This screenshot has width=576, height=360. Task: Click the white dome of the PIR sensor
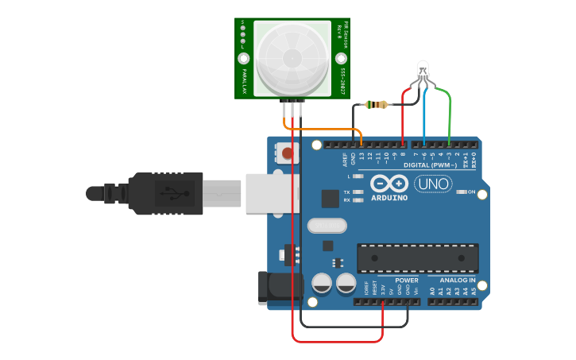click(x=292, y=58)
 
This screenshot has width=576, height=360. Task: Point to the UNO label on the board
click(x=432, y=184)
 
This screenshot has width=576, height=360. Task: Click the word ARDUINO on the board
click(x=389, y=197)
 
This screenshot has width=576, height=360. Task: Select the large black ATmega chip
click(x=417, y=257)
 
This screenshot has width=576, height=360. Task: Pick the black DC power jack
click(x=274, y=288)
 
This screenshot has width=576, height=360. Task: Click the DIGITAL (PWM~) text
click(x=430, y=165)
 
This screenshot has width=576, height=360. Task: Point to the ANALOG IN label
click(x=457, y=281)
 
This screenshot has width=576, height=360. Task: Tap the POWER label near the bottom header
click(x=406, y=281)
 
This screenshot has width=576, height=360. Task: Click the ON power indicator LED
click(x=462, y=192)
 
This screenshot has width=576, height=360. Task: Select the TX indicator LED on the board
click(x=358, y=192)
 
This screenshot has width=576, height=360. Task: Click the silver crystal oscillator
click(x=325, y=226)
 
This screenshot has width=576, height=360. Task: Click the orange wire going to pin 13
click(x=326, y=129)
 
